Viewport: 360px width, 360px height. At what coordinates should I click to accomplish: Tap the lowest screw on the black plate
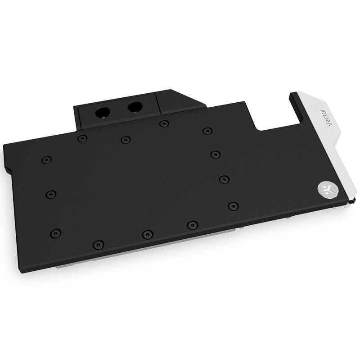(96, 244)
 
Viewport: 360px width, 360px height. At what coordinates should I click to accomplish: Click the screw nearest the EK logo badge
(233, 206)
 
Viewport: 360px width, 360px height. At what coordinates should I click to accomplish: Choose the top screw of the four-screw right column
(207, 131)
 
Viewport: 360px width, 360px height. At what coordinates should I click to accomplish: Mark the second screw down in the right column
(215, 155)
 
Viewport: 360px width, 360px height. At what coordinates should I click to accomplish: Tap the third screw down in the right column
(223, 179)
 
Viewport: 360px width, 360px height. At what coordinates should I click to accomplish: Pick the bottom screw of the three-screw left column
(55, 233)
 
